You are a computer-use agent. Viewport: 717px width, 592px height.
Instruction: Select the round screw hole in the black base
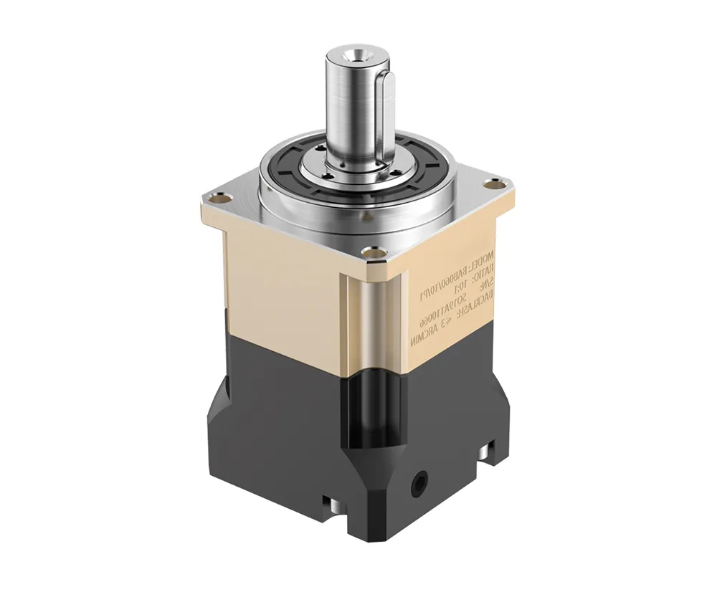pos(417,484)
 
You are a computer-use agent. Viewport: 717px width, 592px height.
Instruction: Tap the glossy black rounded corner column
pos(374,409)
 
